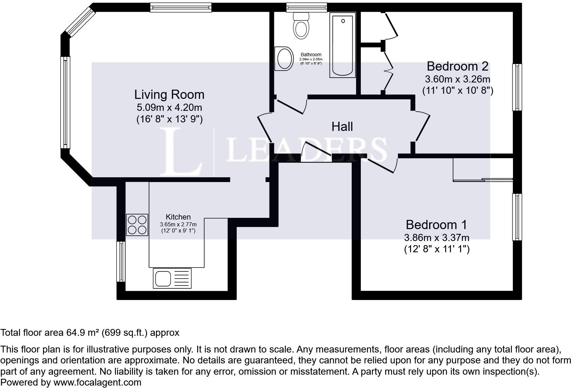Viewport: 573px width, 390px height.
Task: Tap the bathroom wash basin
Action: pyautogui.click(x=284, y=59)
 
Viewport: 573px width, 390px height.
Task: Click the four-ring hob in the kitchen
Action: pyautogui.click(x=137, y=225)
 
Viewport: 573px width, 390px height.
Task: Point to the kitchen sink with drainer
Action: pyautogui.click(x=172, y=278)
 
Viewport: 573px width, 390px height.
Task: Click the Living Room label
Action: pyautogui.click(x=169, y=94)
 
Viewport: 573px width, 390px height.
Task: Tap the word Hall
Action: pyautogui.click(x=342, y=126)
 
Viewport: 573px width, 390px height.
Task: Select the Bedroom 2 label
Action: pyautogui.click(x=457, y=66)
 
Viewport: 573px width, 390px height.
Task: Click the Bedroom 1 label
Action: pyautogui.click(x=436, y=225)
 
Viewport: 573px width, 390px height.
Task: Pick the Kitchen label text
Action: pyautogui.click(x=178, y=217)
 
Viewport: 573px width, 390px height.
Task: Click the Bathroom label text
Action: pyautogui.click(x=311, y=55)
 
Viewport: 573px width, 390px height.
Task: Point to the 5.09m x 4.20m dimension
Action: pyautogui.click(x=169, y=107)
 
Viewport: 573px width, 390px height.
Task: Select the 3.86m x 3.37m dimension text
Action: pyautogui.click(x=437, y=237)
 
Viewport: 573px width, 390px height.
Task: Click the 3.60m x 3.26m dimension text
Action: pyautogui.click(x=457, y=79)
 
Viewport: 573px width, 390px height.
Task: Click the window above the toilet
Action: pyautogui.click(x=306, y=7)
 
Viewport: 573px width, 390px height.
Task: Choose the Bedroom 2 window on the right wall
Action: pyautogui.click(x=517, y=87)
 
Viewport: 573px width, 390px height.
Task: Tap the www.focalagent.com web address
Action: pyautogui.click(x=97, y=382)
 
